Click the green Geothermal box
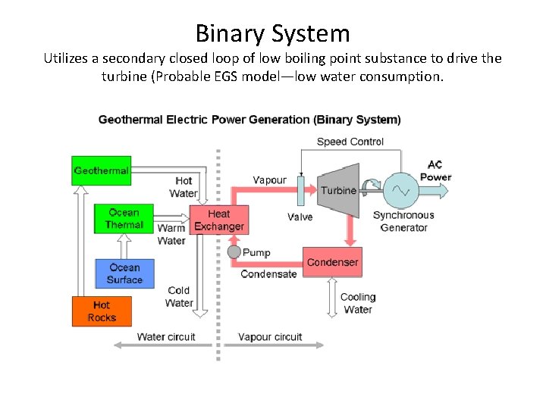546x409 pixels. [x=101, y=170]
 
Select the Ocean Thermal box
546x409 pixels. [x=124, y=218]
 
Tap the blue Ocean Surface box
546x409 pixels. [x=124, y=273]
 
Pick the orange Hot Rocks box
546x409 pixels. [x=102, y=311]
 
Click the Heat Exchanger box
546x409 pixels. [x=218, y=220]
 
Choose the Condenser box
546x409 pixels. [x=332, y=262]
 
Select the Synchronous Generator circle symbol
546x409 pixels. [x=400, y=191]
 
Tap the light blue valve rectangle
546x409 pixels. [x=300, y=190]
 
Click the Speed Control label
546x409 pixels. [x=350, y=142]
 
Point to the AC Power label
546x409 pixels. [x=435, y=170]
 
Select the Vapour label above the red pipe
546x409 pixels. [x=269, y=180]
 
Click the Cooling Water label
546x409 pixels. [x=358, y=303]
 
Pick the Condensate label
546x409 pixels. [x=268, y=274]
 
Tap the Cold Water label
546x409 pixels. [x=179, y=296]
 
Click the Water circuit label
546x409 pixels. [x=166, y=337]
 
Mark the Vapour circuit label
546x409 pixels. [x=270, y=337]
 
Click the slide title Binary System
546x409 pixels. [x=273, y=33]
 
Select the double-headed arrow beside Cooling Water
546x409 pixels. [x=331, y=298]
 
